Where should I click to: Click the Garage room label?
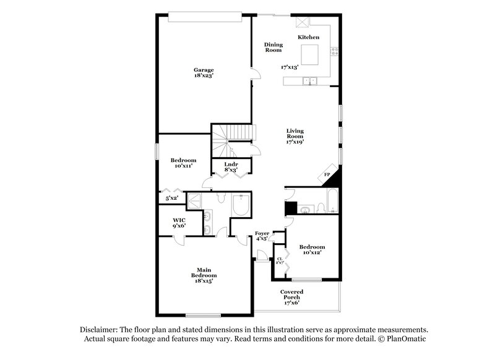204,69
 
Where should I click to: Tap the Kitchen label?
309,38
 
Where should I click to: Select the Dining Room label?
273,47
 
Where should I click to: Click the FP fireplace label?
327,175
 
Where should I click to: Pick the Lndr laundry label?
231,164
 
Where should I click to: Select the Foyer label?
262,233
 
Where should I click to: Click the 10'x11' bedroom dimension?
184,166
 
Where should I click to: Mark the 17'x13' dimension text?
290,67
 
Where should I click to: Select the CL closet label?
280,259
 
